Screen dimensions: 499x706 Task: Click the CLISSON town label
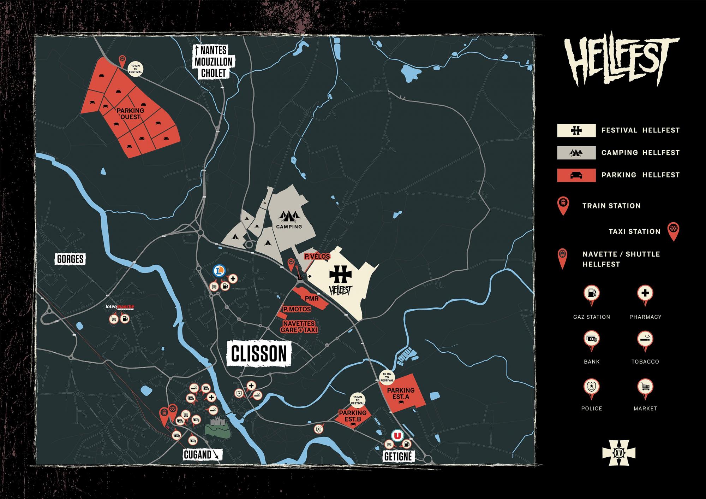259,353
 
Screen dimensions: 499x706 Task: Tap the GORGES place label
70,259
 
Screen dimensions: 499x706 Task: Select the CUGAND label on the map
197,454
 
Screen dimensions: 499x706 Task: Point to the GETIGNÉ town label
398,456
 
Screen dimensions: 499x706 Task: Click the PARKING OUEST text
130,113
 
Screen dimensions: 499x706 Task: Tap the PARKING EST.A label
400,393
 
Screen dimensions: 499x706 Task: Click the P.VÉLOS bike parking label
317,256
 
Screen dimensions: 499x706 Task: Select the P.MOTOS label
297,309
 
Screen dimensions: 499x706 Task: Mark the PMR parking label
312,299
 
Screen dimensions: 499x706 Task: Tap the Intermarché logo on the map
120,307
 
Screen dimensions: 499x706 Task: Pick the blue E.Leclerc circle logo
219,271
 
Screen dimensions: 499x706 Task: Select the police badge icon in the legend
592,387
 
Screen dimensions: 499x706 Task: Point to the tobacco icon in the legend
645,340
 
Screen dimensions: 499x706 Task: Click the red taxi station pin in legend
673,230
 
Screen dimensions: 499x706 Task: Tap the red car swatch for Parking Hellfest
576,175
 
